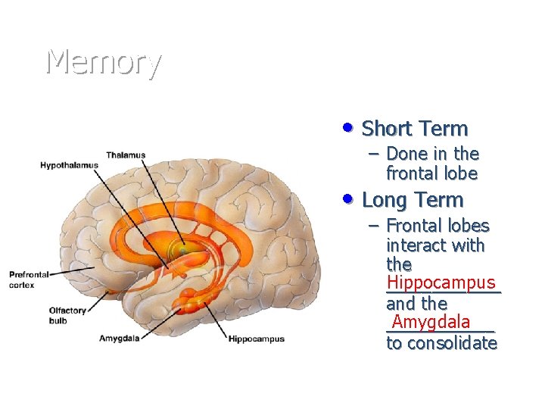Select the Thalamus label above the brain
click(126, 155)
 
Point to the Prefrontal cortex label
click(29, 279)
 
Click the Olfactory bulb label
click(68, 315)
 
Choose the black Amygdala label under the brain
click(120, 339)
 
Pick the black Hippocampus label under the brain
click(257, 339)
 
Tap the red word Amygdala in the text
click(431, 322)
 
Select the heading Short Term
click(415, 129)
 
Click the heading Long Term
click(413, 200)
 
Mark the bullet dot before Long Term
click(347, 198)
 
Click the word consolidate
click(452, 343)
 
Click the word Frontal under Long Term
click(413, 226)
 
